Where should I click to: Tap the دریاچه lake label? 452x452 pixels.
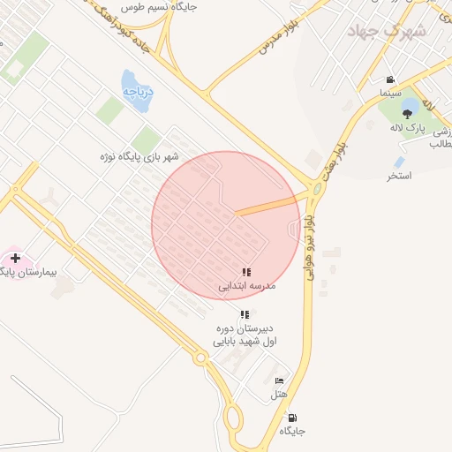point(139,91)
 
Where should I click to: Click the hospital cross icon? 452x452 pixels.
point(15,258)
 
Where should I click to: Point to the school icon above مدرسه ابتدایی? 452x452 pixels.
point(245,273)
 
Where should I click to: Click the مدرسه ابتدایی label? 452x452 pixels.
point(248,286)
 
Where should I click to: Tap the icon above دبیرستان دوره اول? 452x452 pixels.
point(245,314)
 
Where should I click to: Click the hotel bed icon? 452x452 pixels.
point(279,380)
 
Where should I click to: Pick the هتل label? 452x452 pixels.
point(279,394)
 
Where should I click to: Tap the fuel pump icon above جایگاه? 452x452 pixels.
point(292,418)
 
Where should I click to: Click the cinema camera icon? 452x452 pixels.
point(390,79)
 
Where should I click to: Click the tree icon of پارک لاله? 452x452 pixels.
point(407,113)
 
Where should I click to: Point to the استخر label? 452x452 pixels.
point(400,177)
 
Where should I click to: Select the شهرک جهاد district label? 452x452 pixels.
point(387,31)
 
